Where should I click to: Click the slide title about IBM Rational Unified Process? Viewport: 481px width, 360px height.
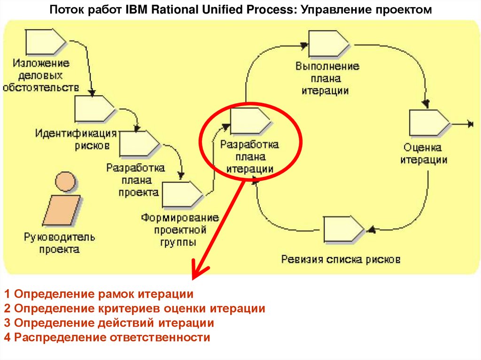point(240,10)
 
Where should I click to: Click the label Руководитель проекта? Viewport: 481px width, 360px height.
point(60,243)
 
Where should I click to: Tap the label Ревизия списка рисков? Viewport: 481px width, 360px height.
point(341,259)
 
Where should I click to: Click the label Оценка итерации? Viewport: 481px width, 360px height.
point(423,153)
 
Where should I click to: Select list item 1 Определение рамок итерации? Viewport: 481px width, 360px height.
point(99,294)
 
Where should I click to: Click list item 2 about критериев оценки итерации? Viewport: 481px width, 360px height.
point(134,308)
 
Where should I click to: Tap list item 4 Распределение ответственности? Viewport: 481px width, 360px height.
point(107,337)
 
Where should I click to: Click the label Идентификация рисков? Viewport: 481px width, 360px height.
point(76,139)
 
